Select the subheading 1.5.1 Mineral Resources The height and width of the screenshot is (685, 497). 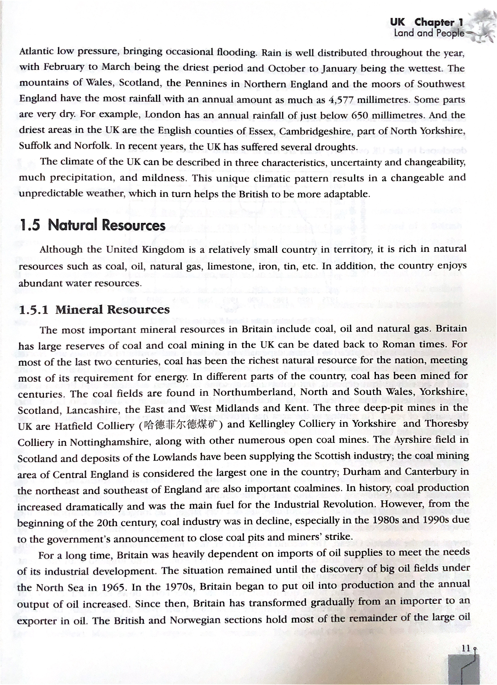click(x=94, y=310)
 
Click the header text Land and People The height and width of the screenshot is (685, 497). click(x=429, y=33)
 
